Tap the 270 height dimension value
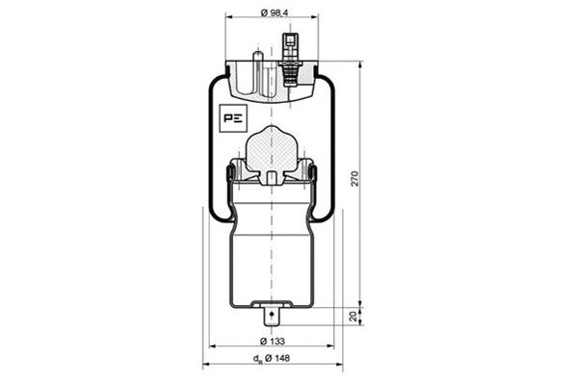[x=354, y=178]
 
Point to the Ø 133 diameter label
[x=273, y=342]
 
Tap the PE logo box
[x=234, y=118]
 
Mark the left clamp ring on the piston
[x=230, y=173]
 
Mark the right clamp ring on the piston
[x=315, y=173]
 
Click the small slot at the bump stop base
[x=273, y=177]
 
